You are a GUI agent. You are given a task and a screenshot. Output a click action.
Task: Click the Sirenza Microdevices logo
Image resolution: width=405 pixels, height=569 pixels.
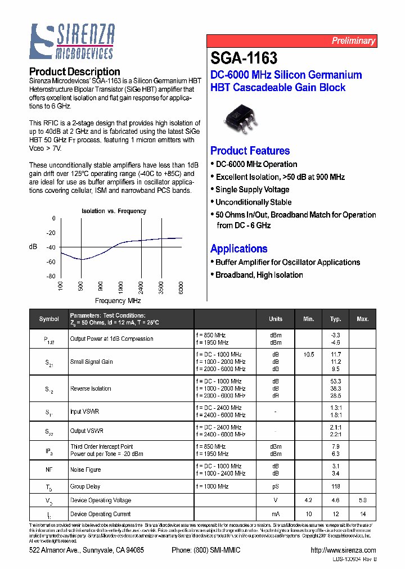(x=72, y=42)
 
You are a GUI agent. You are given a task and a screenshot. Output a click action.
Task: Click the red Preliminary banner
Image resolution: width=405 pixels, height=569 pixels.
(x=291, y=40)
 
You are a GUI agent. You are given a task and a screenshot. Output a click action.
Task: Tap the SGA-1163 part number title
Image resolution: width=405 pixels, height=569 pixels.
(x=244, y=58)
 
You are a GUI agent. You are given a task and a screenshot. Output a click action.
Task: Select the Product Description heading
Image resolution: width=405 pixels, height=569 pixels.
(x=74, y=71)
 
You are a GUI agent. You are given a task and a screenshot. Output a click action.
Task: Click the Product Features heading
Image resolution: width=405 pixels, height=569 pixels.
(x=250, y=151)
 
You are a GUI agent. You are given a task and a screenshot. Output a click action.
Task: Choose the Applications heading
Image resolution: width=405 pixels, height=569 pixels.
(x=238, y=249)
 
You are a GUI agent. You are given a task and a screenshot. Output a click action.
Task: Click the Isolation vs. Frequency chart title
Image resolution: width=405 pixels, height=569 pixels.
(x=114, y=211)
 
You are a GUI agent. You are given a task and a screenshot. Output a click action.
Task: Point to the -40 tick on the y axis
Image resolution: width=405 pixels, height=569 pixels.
(x=51, y=247)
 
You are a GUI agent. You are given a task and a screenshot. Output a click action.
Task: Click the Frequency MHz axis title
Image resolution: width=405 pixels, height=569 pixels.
(x=118, y=301)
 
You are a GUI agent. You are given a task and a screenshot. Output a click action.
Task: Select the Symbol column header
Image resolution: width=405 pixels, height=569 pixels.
(x=49, y=319)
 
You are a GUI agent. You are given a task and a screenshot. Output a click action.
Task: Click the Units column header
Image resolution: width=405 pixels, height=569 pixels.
(x=276, y=319)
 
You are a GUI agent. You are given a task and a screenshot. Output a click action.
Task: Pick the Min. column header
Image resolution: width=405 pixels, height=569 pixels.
(x=308, y=319)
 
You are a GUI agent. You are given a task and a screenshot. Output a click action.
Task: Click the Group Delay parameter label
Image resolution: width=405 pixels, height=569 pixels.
(x=85, y=487)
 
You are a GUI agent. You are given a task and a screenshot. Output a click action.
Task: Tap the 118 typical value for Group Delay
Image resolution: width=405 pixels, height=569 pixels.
(x=336, y=487)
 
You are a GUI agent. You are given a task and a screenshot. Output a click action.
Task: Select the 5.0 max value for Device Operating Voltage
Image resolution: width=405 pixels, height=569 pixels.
(x=362, y=500)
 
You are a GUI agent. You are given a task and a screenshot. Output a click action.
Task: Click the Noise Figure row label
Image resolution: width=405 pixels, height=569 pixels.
(x=85, y=469)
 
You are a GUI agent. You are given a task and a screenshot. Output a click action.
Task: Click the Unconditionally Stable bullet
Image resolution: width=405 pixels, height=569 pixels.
(x=253, y=202)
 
